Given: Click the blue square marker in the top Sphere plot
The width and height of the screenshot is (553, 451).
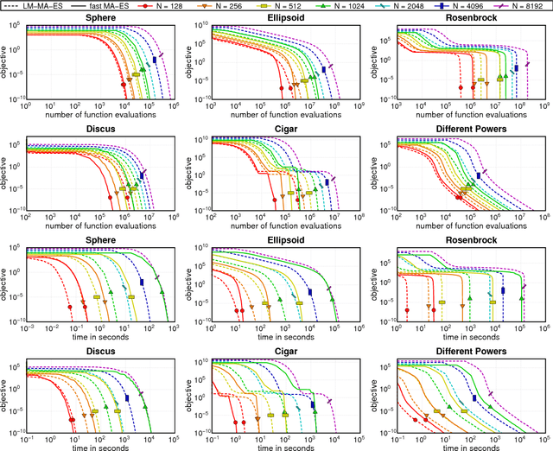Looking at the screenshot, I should pyautogui.click(x=156, y=60).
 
